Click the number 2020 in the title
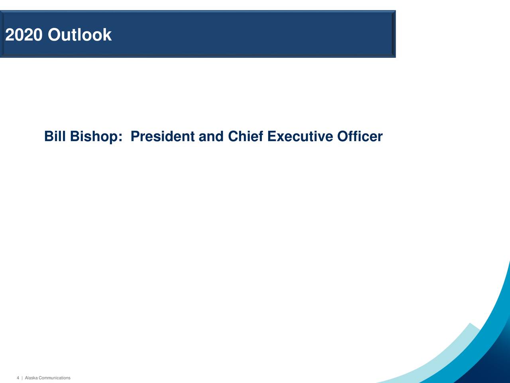coord(24,35)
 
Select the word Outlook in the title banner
coord(79,35)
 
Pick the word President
coord(163,136)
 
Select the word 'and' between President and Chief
coord(211,136)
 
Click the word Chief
coord(245,136)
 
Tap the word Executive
coord(300,136)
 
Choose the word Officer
coord(360,136)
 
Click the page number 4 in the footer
coord(18,378)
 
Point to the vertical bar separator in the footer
coord(22,378)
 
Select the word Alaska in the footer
coord(31,378)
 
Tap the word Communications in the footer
coord(54,378)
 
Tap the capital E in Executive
coord(272,136)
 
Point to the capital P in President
coord(135,136)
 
